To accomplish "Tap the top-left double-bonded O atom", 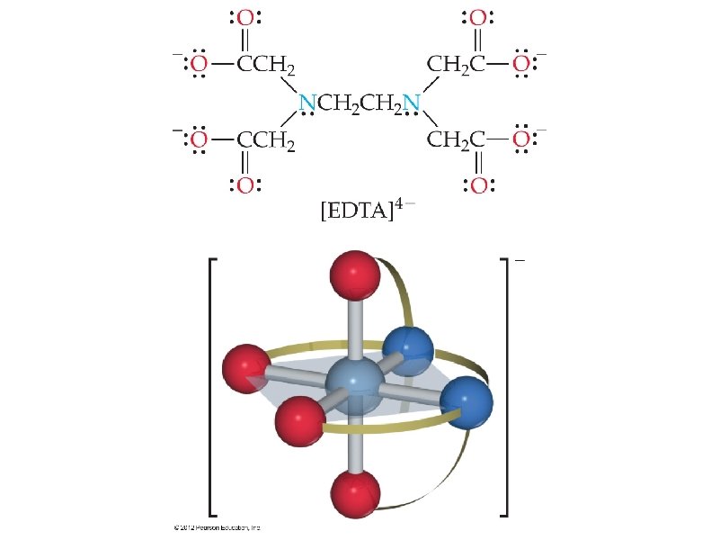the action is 246,18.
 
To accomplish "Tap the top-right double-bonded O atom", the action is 477,18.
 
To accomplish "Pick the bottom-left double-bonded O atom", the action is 246,185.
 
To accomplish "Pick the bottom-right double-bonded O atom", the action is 477,185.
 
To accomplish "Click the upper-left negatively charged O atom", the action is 200,64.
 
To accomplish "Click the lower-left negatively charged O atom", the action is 200,140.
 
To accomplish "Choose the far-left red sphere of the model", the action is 246,368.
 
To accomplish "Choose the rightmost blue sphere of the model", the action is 467,401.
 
